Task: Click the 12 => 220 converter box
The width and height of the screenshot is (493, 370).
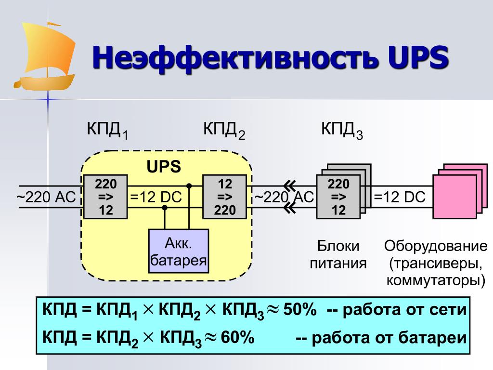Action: (x=225, y=197)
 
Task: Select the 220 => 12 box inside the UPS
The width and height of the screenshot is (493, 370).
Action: (x=105, y=197)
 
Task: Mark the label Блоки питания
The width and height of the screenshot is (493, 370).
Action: (x=338, y=254)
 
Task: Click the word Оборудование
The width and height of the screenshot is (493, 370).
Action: (x=436, y=247)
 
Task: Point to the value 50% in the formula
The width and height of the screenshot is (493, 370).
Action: (x=299, y=310)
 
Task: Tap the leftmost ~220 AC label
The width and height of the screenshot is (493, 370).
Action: (x=46, y=198)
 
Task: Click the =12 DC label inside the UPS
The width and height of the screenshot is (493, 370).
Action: (x=157, y=198)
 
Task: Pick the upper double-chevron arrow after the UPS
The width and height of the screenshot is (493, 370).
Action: (x=289, y=185)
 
